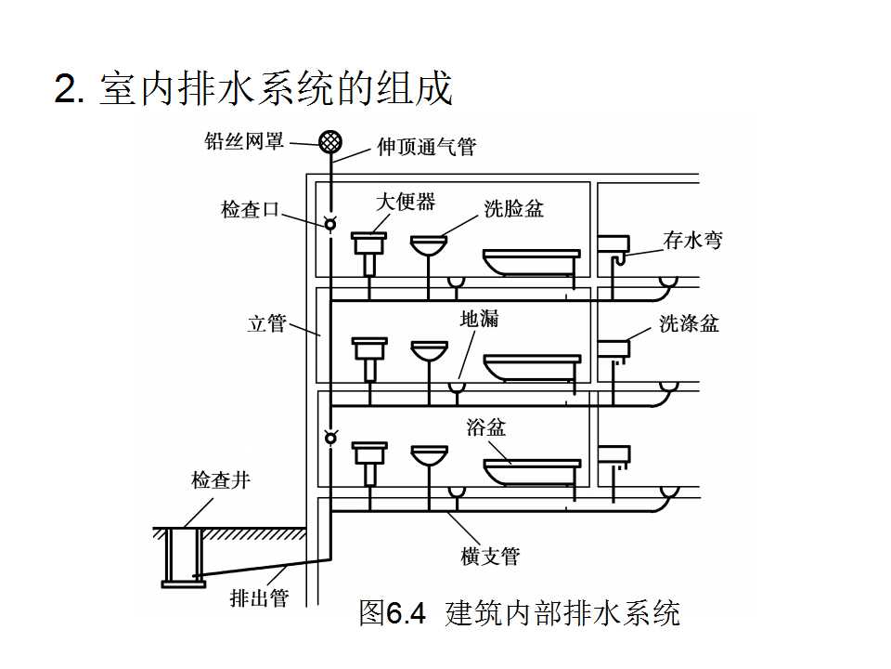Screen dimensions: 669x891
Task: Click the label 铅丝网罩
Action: tap(244, 142)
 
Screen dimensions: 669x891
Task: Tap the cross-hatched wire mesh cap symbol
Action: tap(329, 141)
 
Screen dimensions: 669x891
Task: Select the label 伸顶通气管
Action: tap(426, 147)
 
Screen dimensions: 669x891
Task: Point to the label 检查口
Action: tap(250, 209)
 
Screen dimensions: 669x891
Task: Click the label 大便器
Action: tap(406, 202)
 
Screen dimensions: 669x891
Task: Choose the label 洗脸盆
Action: tap(513, 208)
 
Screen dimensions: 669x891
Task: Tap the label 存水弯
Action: tap(692, 240)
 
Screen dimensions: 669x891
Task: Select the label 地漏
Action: tap(480, 319)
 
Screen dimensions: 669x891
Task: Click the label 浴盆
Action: tap(486, 427)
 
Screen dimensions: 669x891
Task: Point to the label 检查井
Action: tap(221, 480)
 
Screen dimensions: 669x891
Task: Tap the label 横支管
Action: tap(490, 556)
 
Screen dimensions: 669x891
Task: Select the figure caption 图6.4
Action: tap(392, 613)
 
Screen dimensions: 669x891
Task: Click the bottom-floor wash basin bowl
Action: tap(428, 456)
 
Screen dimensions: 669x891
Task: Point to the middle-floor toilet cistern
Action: tap(369, 348)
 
